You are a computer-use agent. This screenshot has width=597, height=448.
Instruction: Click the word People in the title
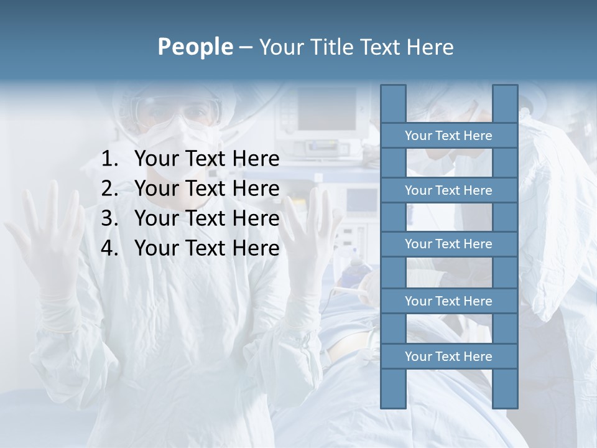pos(195,47)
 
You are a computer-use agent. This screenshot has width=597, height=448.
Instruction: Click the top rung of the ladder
pos(448,136)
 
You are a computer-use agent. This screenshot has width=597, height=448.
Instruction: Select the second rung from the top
pos(448,190)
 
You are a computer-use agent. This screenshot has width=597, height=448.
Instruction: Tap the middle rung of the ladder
pos(448,244)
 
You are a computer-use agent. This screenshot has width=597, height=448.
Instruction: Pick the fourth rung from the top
pos(448,301)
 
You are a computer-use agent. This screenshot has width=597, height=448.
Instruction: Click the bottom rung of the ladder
pos(448,357)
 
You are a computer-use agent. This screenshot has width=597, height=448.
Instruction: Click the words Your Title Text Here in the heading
pos(356,47)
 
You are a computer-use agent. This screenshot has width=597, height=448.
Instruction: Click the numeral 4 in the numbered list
pos(108,248)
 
